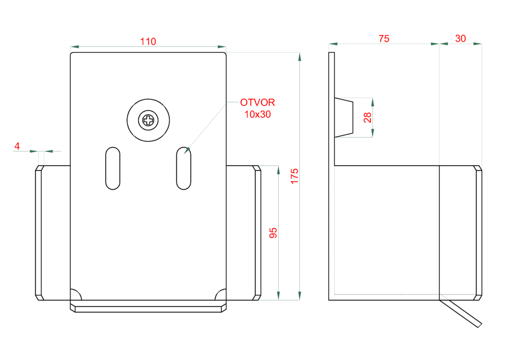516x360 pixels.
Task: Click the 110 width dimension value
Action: pos(148,42)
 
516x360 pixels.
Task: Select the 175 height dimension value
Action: pos(295,176)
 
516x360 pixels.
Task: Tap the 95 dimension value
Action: pos(273,233)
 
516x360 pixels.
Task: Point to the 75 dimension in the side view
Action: pos(384,39)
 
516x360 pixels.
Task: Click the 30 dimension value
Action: pos(461,39)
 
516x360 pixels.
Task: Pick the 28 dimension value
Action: pos(367,117)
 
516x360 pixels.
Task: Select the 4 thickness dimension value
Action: pos(17,147)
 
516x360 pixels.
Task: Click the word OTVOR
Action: pos(257,103)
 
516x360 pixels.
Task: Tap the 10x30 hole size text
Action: pos(257,114)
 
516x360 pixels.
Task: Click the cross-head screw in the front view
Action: pos(148,120)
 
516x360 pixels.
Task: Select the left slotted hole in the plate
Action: pos(113,168)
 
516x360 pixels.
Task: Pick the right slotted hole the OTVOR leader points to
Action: pos(183,168)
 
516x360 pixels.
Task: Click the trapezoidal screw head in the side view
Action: pos(344,117)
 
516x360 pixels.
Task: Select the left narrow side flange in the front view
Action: pos(38,233)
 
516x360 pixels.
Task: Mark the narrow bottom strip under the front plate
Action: pos(148,308)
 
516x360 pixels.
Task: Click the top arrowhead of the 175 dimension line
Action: pos(300,56)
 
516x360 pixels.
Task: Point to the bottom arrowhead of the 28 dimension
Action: pos(373,133)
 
